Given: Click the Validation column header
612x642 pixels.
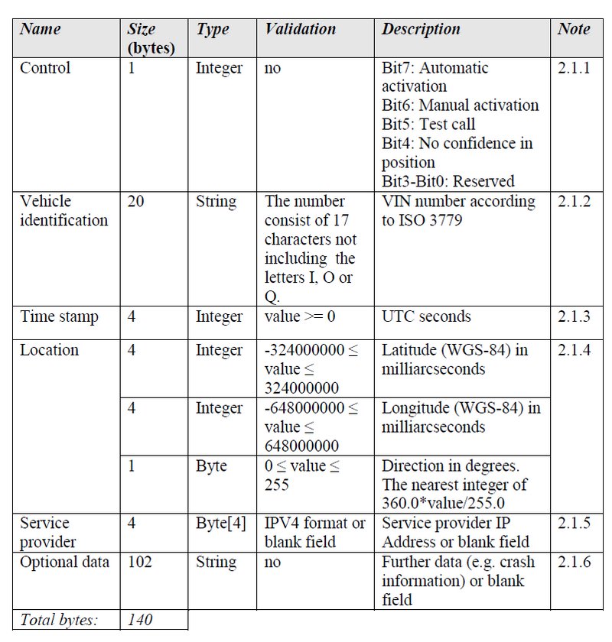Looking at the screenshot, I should pyautogui.click(x=301, y=30).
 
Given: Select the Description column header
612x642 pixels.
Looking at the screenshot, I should pyautogui.click(x=421, y=30).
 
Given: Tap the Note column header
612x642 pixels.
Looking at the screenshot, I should pyautogui.click(x=574, y=30).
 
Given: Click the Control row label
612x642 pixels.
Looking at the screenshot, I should pyautogui.click(x=45, y=68).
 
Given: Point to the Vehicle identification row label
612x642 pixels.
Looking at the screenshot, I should pyautogui.click(x=63, y=211).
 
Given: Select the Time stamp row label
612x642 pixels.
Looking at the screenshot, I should pyautogui.click(x=59, y=316).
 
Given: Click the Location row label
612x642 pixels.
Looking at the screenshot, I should pyautogui.click(x=49, y=350).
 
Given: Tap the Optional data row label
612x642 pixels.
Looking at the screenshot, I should pyautogui.click(x=64, y=562).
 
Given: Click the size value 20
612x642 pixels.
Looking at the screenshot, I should pyautogui.click(x=136, y=202).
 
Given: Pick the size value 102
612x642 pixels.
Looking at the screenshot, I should pyautogui.click(x=140, y=562).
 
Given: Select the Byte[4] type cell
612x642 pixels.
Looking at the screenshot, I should pyautogui.click(x=221, y=524).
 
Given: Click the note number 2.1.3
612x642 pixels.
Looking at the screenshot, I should pyautogui.click(x=575, y=316).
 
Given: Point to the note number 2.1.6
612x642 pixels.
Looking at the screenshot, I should pyautogui.click(x=575, y=562).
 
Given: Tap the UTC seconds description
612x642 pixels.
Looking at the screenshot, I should pyautogui.click(x=426, y=316).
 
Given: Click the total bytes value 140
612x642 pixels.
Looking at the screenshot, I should pyautogui.click(x=140, y=620).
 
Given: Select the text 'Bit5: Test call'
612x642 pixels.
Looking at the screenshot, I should pyautogui.click(x=428, y=124).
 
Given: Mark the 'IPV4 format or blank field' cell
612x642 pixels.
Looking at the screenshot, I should pyautogui.click(x=314, y=533).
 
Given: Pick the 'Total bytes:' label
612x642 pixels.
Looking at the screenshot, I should pyautogui.click(x=59, y=620).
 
